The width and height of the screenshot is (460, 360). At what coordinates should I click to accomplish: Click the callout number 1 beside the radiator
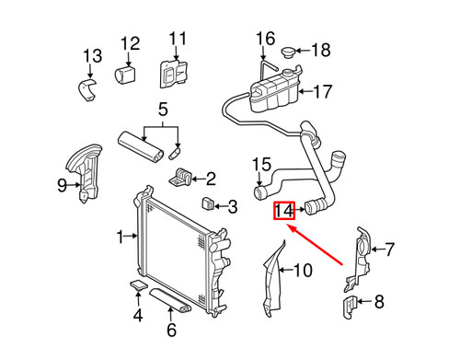[121, 238]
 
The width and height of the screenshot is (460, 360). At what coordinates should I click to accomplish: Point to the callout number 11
[176, 39]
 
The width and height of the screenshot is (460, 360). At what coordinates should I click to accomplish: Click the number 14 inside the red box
[284, 213]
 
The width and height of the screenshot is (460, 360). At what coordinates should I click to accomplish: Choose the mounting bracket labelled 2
[181, 173]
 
